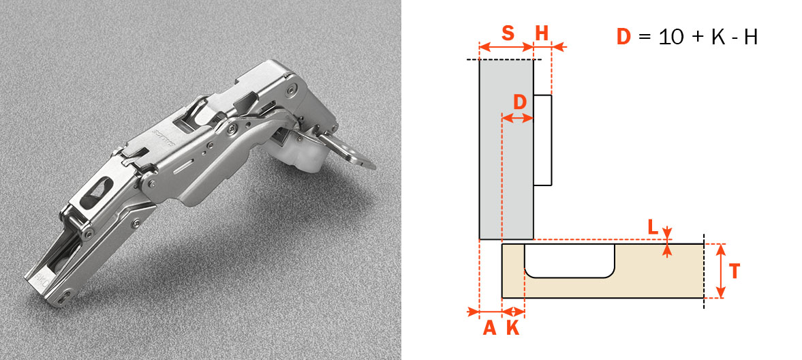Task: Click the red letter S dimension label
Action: tap(508, 33)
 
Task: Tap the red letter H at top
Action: tap(542, 33)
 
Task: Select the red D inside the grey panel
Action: tap(520, 102)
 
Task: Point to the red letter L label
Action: tap(653, 226)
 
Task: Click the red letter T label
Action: tap(735, 271)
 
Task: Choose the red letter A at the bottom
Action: tap(489, 328)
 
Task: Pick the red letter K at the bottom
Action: tap(512, 328)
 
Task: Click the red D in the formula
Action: tap(625, 37)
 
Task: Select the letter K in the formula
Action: tap(717, 37)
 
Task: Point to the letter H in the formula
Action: tap(750, 37)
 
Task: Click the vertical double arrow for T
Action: tap(720, 271)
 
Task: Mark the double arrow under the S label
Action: tap(506, 47)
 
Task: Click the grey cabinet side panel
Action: tap(506, 149)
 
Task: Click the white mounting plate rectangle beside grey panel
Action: tap(542, 140)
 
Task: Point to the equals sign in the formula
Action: tap(645, 37)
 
